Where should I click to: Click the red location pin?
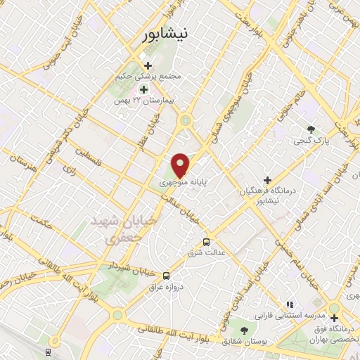(181, 165)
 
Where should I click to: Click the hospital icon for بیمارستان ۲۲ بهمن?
(143, 89)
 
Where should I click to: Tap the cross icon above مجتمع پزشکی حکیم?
(148, 65)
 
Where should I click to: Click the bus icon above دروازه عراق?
(166, 276)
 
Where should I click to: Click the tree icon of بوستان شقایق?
(244, 330)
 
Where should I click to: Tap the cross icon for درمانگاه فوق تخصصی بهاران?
(334, 318)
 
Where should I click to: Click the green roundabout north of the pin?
(186, 120)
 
